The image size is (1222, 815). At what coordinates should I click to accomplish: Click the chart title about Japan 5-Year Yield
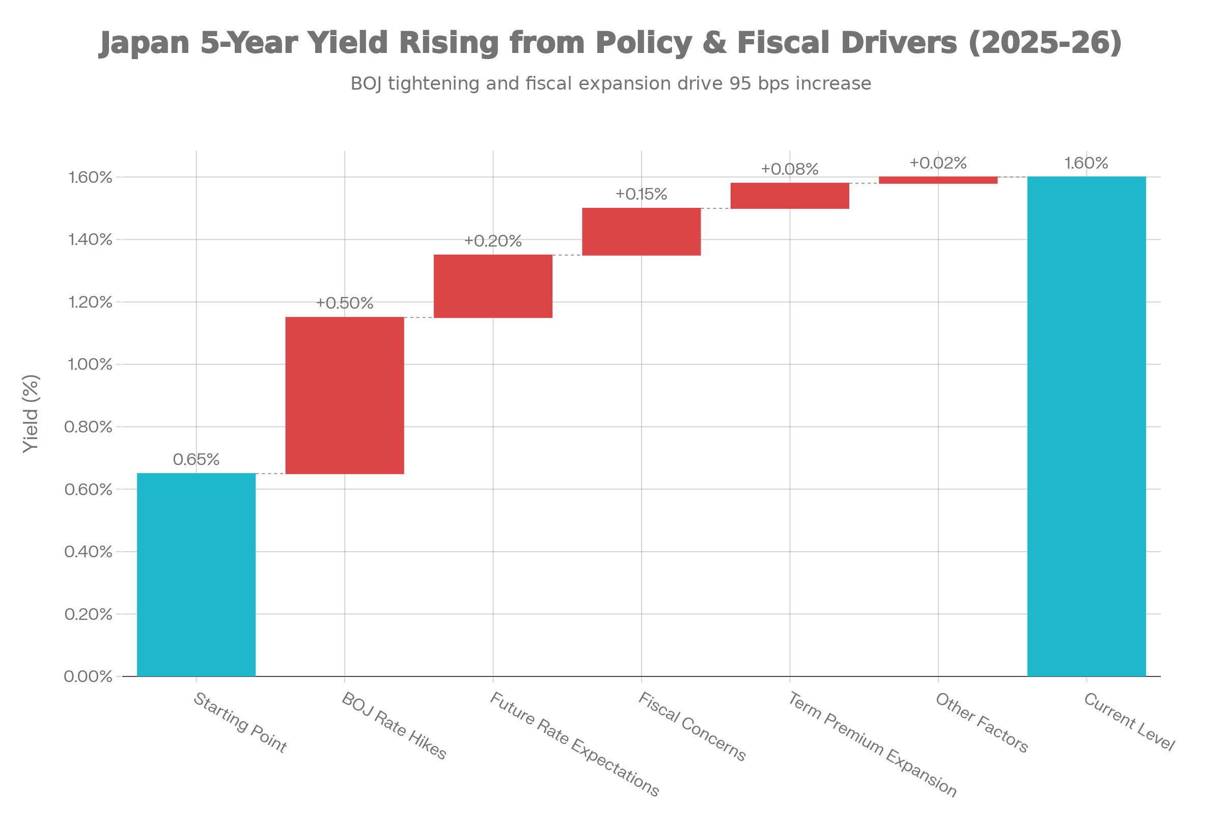(x=611, y=43)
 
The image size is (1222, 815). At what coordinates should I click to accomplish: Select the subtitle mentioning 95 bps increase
(x=611, y=84)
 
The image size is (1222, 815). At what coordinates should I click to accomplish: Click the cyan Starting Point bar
(x=197, y=575)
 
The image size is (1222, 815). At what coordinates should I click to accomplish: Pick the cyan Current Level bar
(x=1087, y=426)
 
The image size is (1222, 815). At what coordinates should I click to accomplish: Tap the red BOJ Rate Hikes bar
(x=345, y=395)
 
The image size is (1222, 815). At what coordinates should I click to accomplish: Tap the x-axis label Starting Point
(x=240, y=723)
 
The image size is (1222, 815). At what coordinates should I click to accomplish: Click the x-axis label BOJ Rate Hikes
(x=394, y=725)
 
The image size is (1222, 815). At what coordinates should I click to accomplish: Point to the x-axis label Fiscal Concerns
(x=692, y=727)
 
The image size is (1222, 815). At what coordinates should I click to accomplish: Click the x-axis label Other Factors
(x=982, y=723)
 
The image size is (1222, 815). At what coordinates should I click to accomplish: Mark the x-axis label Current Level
(x=1129, y=722)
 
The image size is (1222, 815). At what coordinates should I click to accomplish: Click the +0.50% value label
(x=345, y=303)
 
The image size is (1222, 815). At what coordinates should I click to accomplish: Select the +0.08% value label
(x=790, y=170)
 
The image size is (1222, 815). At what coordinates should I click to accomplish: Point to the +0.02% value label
(x=938, y=163)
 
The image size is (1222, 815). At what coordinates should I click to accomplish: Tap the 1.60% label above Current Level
(x=1087, y=163)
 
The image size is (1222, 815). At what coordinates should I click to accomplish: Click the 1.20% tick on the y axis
(x=90, y=302)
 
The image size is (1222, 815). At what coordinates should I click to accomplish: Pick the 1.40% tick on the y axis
(x=90, y=239)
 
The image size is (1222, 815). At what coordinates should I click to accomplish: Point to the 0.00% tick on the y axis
(x=88, y=677)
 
